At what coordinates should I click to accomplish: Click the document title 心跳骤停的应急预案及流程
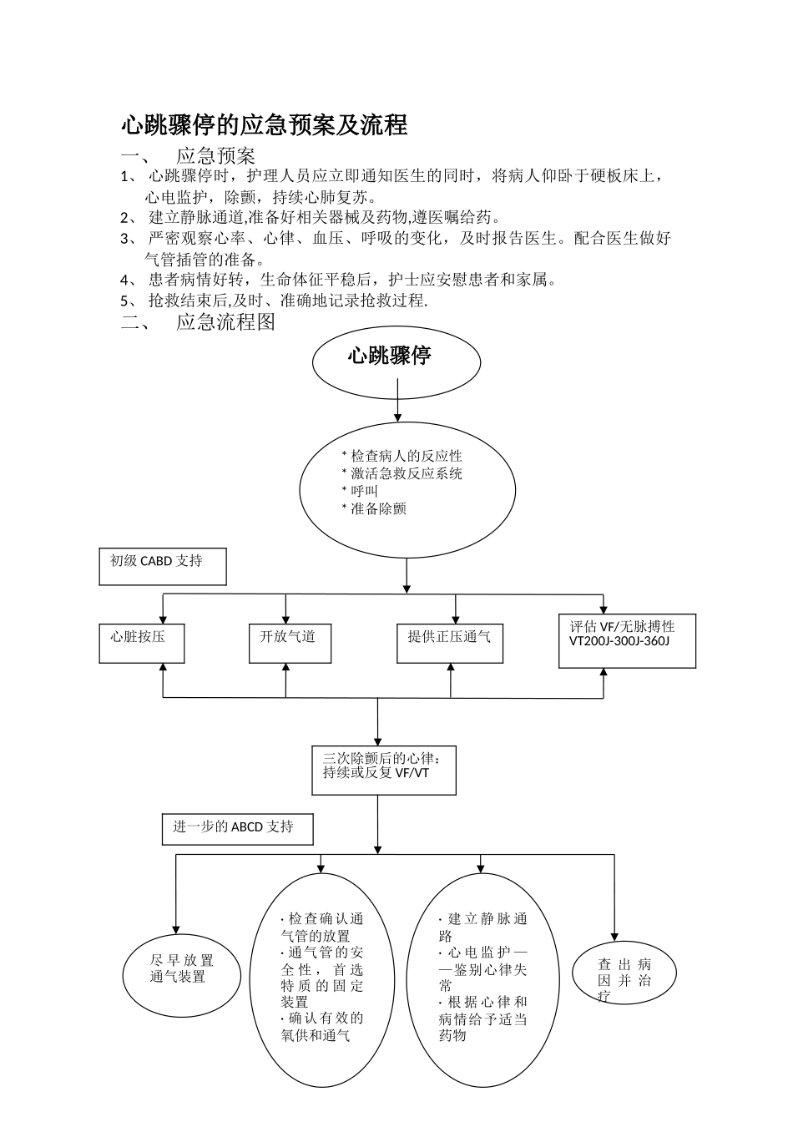(x=264, y=125)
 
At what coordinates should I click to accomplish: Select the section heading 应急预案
(x=215, y=156)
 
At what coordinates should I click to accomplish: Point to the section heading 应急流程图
(x=225, y=322)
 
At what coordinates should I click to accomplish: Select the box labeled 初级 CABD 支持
(x=163, y=566)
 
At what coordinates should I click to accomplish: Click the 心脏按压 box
(x=141, y=643)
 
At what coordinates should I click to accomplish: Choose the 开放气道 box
(x=290, y=643)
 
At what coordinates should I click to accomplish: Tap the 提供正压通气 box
(x=450, y=643)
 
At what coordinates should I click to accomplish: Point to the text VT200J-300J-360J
(x=619, y=641)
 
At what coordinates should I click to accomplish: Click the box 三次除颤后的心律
(x=384, y=769)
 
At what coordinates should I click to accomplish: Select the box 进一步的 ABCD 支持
(x=238, y=829)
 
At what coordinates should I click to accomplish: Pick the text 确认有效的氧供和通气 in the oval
(x=322, y=1027)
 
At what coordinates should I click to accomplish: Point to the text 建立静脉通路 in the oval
(x=482, y=927)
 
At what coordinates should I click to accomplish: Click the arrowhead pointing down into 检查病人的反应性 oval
(x=397, y=417)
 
